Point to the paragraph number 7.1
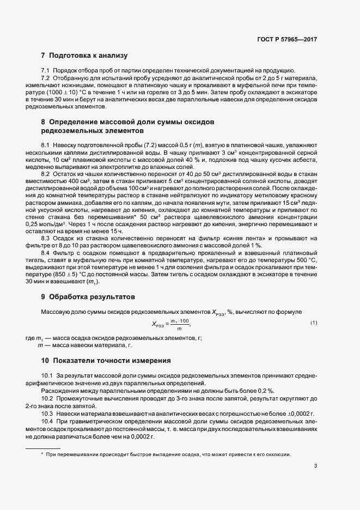[x=46, y=71]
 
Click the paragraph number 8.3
[x=46, y=239]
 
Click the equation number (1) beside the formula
[x=314, y=324]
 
